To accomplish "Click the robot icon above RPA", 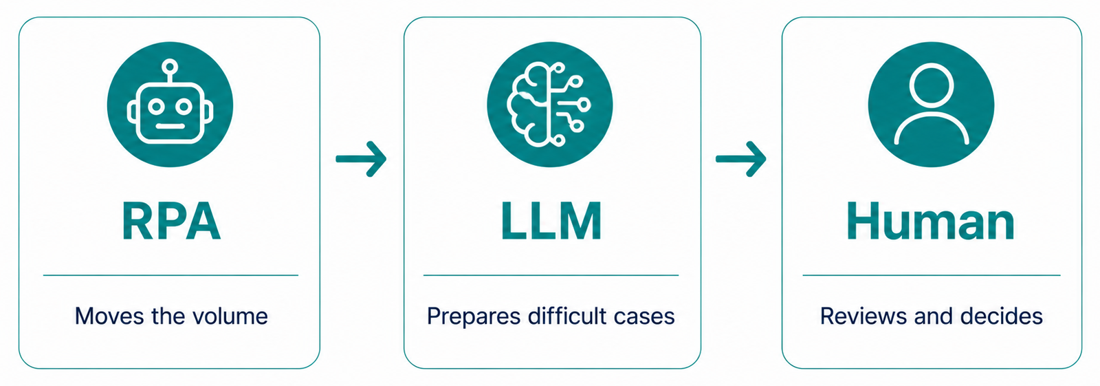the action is (170, 105).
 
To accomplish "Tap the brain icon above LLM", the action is (550, 105).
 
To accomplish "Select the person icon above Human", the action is (931, 105).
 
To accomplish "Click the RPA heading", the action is (171, 222).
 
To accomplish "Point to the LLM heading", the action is (551, 222).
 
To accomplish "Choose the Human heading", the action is (931, 222).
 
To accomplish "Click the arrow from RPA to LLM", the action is (361, 159).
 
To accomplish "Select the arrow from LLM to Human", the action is (740, 159).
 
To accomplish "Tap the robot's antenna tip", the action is (170, 66).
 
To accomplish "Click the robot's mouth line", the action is (170, 126).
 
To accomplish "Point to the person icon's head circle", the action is (931, 87).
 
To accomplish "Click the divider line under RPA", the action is (171, 275).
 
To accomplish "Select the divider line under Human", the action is (932, 275).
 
